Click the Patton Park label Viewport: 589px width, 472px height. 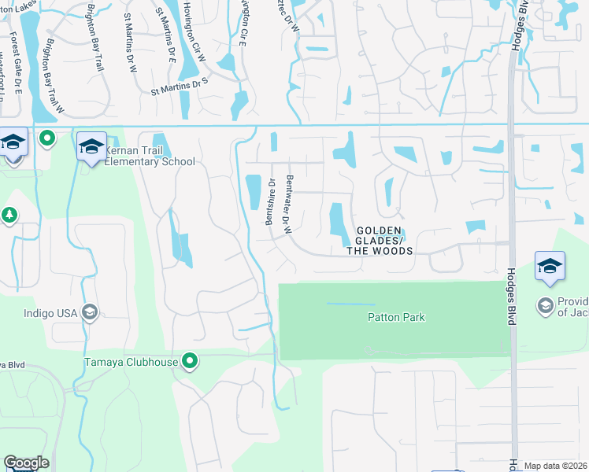coord(396,318)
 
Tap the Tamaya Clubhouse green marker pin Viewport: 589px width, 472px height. coord(190,362)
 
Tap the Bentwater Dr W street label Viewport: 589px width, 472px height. coord(289,205)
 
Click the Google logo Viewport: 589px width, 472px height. coord(26,463)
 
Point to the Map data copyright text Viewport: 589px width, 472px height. coord(556,466)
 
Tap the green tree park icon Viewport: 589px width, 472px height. coord(9,215)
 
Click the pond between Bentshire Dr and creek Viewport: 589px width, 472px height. coord(254,192)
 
